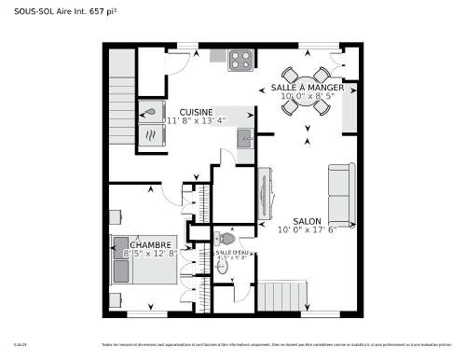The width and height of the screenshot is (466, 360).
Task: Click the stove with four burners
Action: tap(240, 60)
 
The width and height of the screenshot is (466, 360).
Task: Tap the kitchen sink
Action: tap(244, 140)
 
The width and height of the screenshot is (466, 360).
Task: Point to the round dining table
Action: tap(306, 90)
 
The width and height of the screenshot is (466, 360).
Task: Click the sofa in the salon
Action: tap(340, 194)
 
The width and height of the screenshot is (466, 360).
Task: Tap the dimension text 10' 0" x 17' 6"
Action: tap(307, 230)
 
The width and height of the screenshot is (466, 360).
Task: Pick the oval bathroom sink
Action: tap(223, 266)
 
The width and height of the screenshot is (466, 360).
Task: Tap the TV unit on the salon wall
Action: tap(265, 194)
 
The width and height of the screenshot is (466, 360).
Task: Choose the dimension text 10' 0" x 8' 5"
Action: tap(307, 95)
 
